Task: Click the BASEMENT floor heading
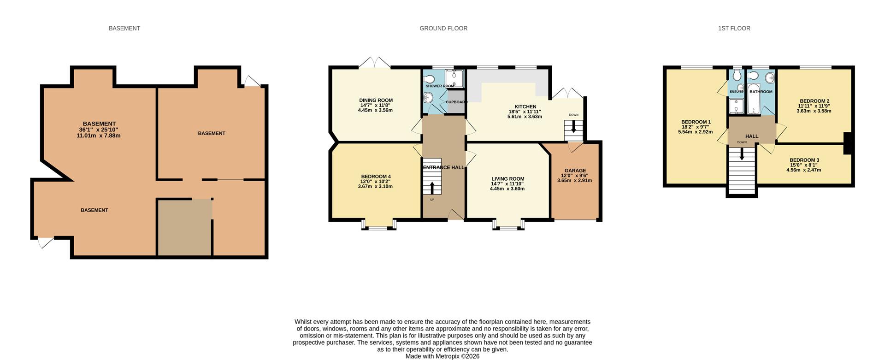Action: coord(124,29)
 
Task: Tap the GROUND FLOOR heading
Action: coord(443,29)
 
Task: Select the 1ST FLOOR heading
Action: coord(734,29)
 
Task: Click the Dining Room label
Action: coord(376,100)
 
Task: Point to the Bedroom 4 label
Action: coord(376,177)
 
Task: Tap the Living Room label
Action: coord(508,179)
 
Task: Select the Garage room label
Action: coord(575,171)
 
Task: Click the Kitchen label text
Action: coord(525,107)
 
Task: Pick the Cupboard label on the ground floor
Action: coord(456,102)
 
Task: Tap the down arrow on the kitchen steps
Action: coord(573,127)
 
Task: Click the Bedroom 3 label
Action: coord(804,160)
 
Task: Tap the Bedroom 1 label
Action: coord(696,122)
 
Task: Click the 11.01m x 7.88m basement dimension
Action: coord(99,136)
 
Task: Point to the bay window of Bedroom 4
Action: coord(378,224)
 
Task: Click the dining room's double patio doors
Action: coord(375,63)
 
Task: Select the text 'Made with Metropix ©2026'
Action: coord(442,356)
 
